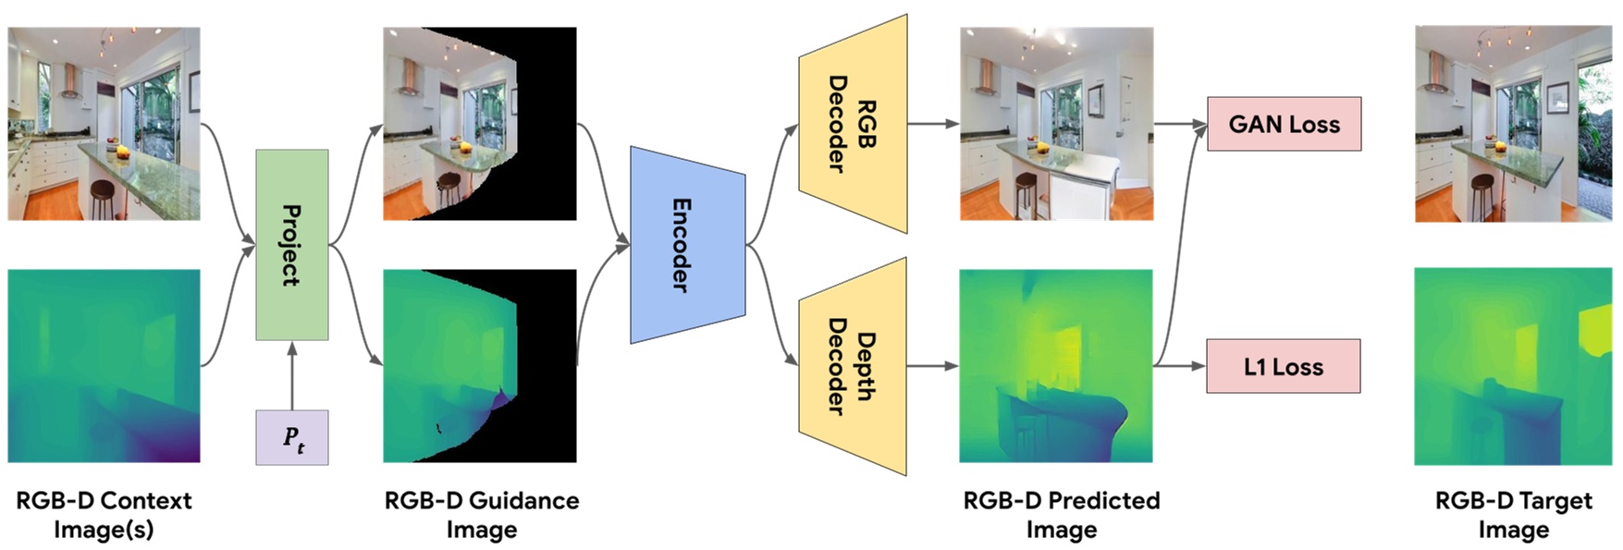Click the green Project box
(291, 245)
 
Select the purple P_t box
(291, 437)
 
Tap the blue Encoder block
(686, 245)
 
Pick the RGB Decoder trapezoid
(853, 124)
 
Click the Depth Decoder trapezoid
(853, 366)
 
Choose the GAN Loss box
(1284, 124)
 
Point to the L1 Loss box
(1283, 366)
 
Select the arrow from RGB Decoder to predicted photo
(932, 123)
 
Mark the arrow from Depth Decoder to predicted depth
(932, 366)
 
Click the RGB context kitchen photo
(104, 124)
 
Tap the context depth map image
(104, 366)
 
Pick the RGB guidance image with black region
(480, 124)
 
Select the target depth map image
(1513, 366)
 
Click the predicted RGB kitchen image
(1056, 124)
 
